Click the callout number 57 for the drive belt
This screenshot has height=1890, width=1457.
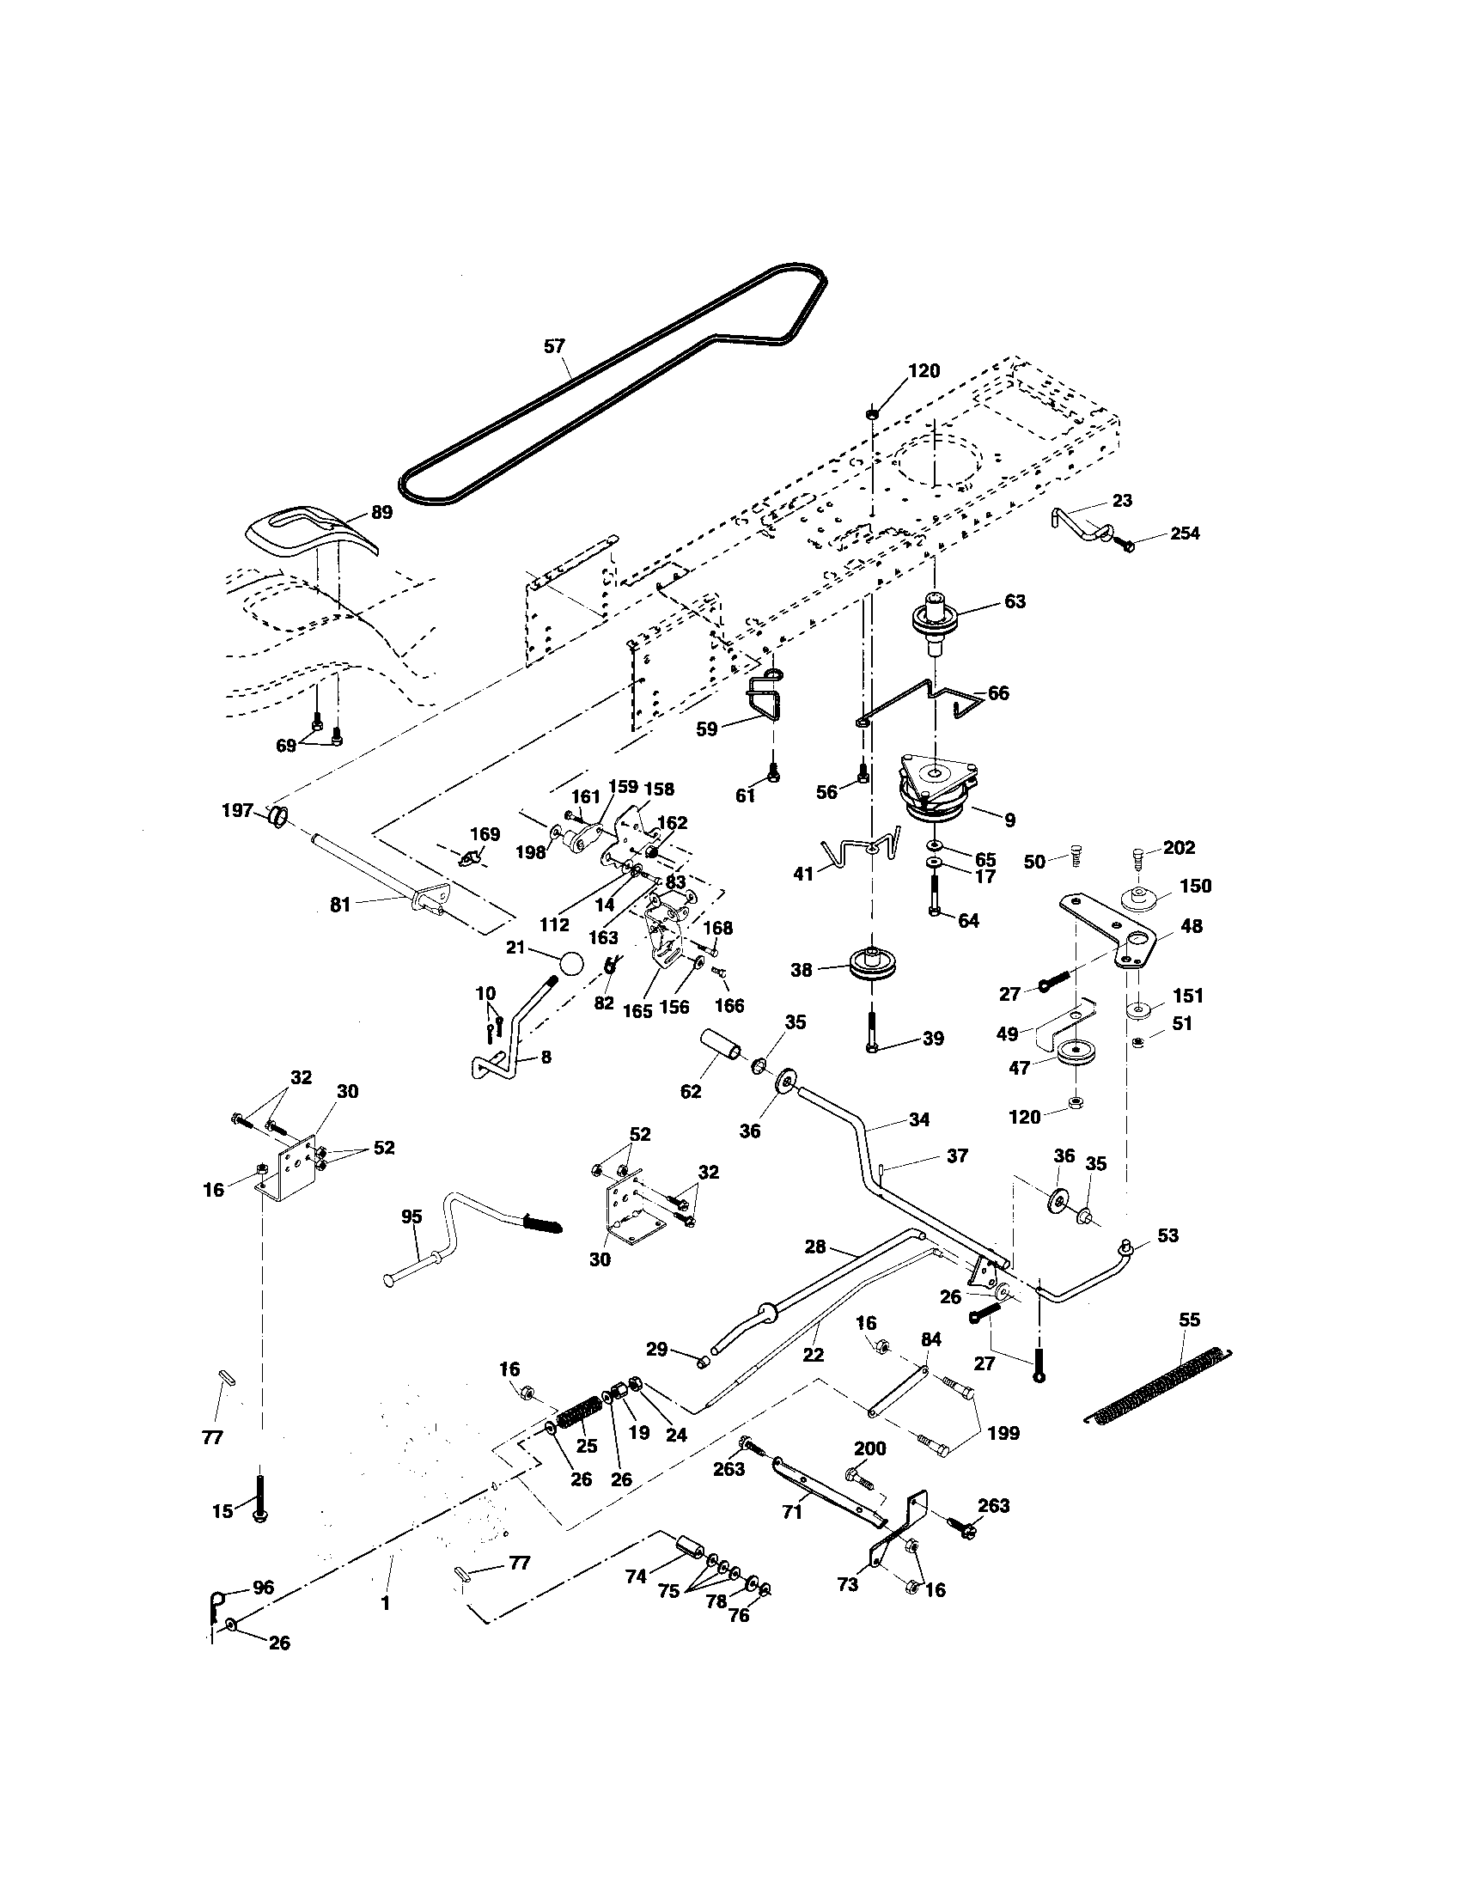pos(554,346)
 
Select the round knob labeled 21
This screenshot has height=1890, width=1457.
pos(570,963)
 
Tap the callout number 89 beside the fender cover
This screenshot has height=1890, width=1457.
pos(381,512)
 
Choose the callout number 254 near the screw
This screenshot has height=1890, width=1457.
pos(1185,533)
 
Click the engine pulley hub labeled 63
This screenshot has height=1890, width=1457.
pos(937,619)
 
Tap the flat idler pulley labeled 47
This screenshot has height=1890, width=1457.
pos(1076,1056)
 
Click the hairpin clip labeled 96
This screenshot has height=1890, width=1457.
pos(216,1603)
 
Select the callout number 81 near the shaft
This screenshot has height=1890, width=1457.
pos(340,905)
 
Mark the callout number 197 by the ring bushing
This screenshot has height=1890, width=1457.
pos(237,810)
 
